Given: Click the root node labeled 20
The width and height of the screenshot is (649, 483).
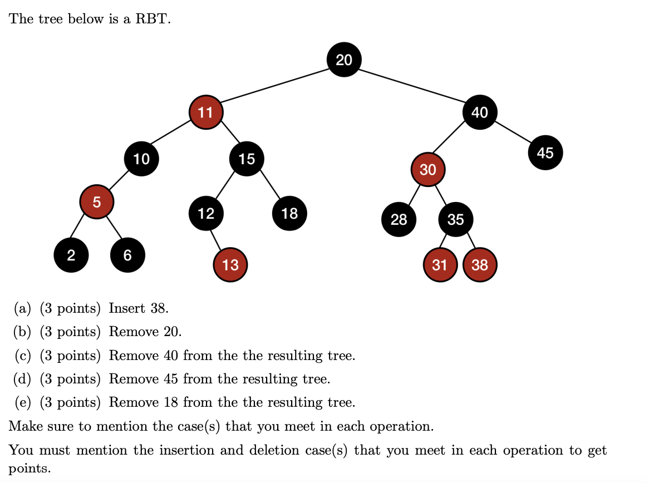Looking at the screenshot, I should pos(344,60).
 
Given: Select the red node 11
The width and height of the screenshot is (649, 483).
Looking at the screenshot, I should pos(206,112).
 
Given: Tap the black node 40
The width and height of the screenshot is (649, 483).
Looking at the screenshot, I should pos(479,112).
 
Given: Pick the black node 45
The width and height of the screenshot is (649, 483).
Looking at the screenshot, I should pos(545,152).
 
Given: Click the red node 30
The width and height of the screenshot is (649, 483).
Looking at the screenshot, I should pos(427,170).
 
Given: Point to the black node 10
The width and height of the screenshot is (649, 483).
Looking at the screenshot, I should pos(141,159).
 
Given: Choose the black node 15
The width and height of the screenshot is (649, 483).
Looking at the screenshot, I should pos(247,159).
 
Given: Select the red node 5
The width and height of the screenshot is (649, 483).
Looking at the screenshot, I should pos(97,203).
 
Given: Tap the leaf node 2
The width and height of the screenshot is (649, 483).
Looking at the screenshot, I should pos(71,255).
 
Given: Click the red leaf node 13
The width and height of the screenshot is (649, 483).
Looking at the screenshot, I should pos(230,265).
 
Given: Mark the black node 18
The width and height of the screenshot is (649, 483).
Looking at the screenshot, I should pos(289,213).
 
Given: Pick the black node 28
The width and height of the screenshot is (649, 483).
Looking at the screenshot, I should pos(399,219).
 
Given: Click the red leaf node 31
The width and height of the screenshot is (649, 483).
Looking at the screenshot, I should pos(440,265).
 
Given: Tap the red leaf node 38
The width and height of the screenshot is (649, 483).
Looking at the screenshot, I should pos(479,265).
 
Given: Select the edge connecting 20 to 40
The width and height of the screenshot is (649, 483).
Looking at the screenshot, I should pos(412,86).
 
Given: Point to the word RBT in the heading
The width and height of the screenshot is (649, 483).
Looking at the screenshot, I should pos(153,19).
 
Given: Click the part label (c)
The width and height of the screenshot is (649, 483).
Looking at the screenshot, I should pos(22,356).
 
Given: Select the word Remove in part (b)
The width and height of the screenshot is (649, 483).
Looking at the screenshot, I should pos(134,332).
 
